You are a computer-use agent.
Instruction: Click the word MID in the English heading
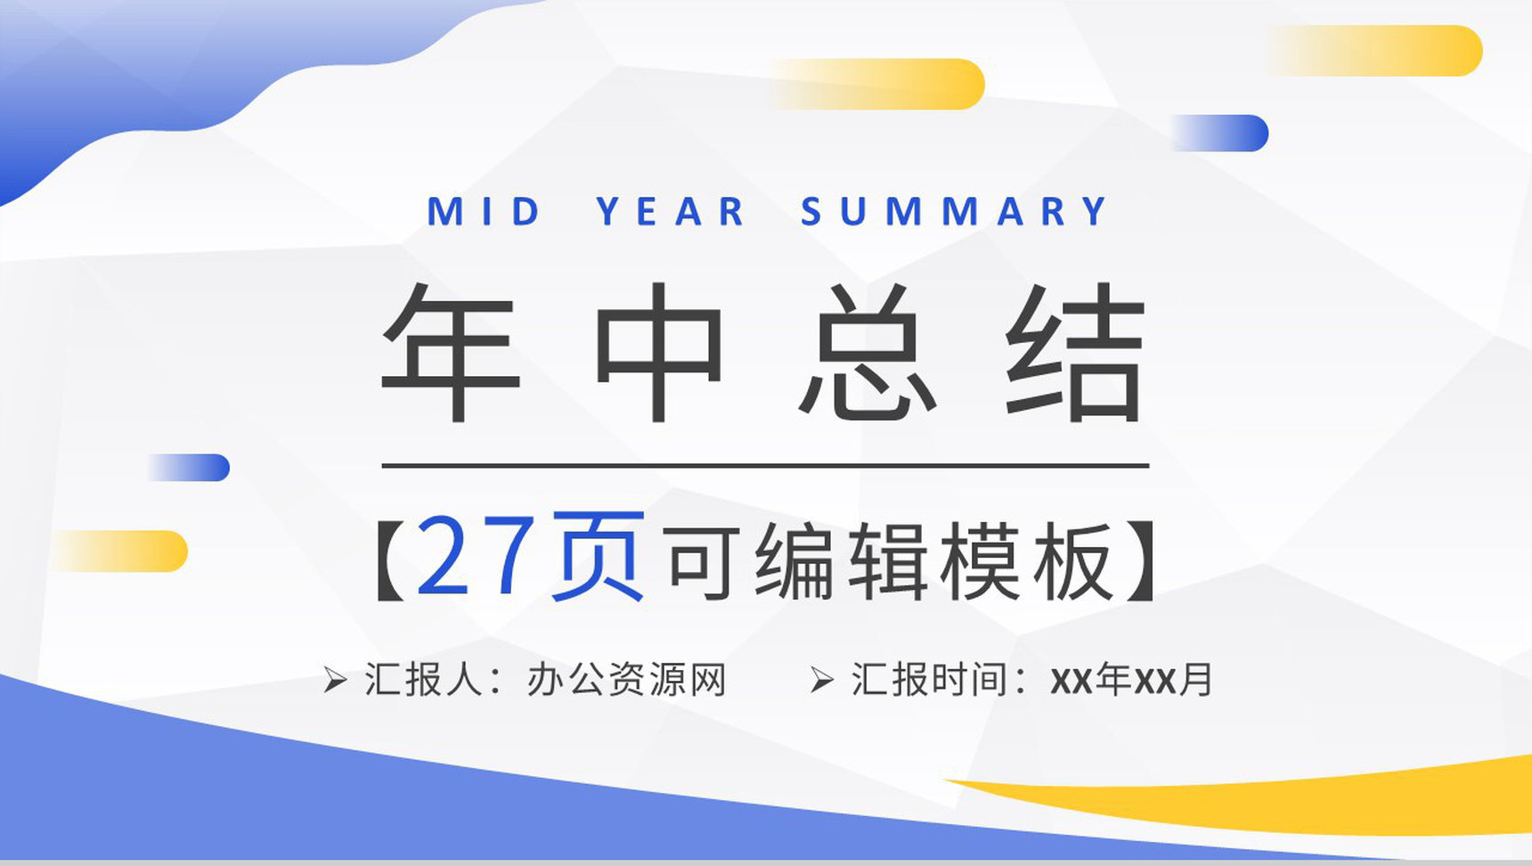click(x=484, y=212)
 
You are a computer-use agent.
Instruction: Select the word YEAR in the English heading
click(x=671, y=212)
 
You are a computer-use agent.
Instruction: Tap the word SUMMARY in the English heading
click(x=954, y=212)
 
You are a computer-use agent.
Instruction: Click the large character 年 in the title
click(x=451, y=351)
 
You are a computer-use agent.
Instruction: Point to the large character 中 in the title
click(x=659, y=351)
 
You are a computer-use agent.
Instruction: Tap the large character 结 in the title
click(x=1076, y=351)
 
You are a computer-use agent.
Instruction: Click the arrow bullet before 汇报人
click(x=335, y=681)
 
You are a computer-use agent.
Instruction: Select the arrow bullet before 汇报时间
click(x=821, y=681)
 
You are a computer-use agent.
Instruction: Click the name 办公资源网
click(x=626, y=680)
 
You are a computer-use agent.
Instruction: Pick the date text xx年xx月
click(x=1131, y=680)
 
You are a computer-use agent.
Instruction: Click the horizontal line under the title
click(x=765, y=465)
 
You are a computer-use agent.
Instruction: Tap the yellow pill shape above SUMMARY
click(x=877, y=84)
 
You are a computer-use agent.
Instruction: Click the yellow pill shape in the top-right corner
click(x=1374, y=51)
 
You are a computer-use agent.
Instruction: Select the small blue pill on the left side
click(x=188, y=468)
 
